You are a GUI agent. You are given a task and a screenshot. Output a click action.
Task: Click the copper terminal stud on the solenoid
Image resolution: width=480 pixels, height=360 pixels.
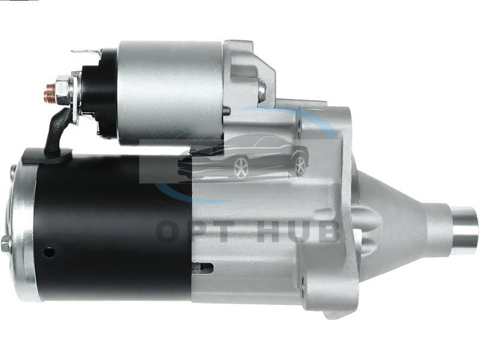49,91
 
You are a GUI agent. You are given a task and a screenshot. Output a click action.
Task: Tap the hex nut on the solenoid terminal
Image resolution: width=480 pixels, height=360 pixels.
62,89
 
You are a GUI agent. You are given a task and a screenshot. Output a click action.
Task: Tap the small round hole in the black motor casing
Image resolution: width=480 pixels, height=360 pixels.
49,252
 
